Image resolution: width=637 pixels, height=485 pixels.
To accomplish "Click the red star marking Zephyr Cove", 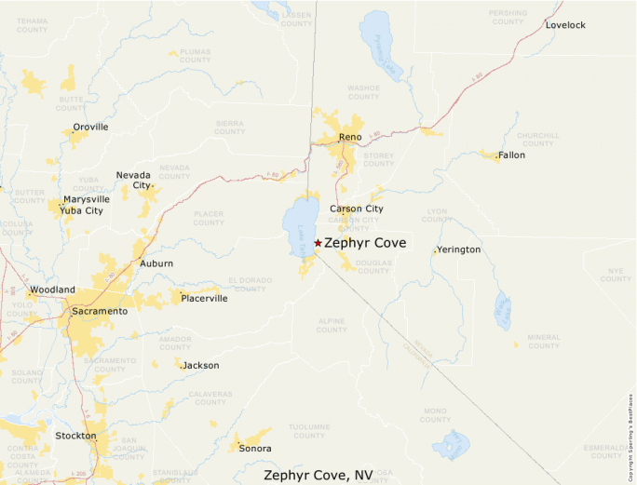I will (318, 243).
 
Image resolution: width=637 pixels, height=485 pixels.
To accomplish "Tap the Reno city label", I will (350, 138).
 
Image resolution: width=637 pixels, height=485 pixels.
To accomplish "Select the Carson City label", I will (356, 209).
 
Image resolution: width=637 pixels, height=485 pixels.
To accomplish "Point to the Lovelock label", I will (565, 25).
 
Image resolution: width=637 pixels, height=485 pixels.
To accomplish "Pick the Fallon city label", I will (511, 155).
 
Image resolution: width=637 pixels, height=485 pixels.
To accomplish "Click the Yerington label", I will (459, 250).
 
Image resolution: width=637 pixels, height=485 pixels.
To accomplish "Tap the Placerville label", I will (204, 299).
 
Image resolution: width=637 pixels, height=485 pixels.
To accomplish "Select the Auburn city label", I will (156, 263).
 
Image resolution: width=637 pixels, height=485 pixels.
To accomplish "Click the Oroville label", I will (91, 127).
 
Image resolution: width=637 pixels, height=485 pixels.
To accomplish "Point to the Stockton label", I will (75, 436).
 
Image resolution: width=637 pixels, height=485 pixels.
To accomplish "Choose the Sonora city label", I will (255, 449).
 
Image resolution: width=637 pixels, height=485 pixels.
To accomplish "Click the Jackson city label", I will (201, 366).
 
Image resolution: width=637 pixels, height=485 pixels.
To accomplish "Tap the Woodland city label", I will (52, 290).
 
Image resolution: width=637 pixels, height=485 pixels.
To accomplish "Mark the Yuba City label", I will (81, 210).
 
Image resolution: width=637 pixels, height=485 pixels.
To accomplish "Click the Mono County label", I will (435, 414).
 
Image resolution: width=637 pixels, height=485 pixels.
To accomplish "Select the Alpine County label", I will (332, 326).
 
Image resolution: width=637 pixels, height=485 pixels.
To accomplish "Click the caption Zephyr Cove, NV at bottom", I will (318, 475).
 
